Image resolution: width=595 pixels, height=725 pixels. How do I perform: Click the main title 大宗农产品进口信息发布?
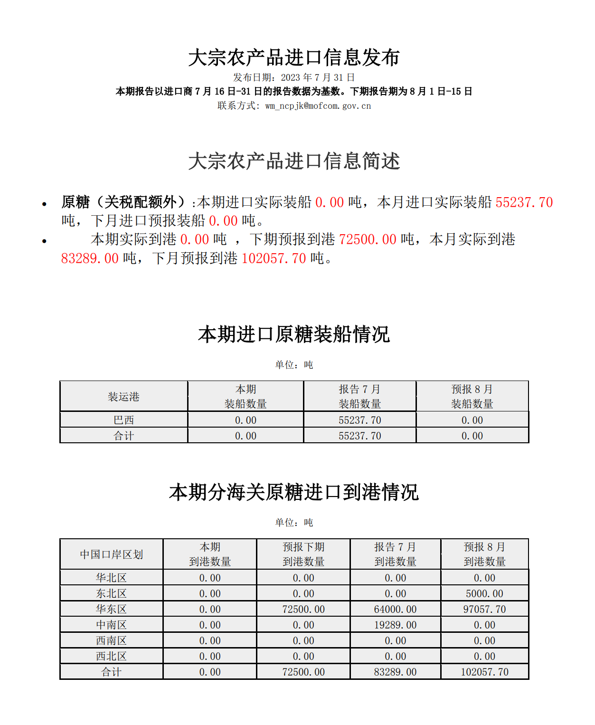pyautogui.click(x=294, y=57)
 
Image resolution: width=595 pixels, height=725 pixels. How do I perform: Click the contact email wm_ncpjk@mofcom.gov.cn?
pyautogui.click(x=318, y=106)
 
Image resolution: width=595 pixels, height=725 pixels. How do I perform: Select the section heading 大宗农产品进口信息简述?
pyautogui.click(x=294, y=161)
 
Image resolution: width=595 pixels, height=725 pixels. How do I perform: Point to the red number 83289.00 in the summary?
pyautogui.click(x=90, y=258)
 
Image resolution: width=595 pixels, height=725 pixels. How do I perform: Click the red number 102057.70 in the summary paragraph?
pyautogui.click(x=274, y=258)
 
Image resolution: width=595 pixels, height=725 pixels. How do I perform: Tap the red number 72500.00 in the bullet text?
pyautogui.click(x=368, y=239)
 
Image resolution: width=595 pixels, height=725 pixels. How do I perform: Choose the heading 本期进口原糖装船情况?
pyautogui.click(x=294, y=334)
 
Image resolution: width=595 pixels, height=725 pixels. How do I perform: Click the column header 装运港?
pyautogui.click(x=123, y=397)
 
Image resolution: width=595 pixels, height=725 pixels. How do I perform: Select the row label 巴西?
pyautogui.click(x=123, y=420)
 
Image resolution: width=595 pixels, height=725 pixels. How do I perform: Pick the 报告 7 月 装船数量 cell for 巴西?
pyautogui.click(x=359, y=420)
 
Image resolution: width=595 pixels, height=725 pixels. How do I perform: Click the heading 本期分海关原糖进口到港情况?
pyautogui.click(x=294, y=492)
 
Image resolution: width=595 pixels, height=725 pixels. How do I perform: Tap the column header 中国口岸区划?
pyautogui.click(x=111, y=554)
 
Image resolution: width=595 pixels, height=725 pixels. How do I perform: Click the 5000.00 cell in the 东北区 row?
pyautogui.click(x=484, y=593)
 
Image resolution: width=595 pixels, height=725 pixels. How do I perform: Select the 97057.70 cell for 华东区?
pyautogui.click(x=484, y=609)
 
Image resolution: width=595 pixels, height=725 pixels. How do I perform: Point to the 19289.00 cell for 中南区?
pyautogui.click(x=395, y=625)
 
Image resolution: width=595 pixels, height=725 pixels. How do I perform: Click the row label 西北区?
pyautogui.click(x=111, y=656)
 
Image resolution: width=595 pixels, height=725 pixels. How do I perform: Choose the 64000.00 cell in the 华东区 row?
pyautogui.click(x=395, y=609)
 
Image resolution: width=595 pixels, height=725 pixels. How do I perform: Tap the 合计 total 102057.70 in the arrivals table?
pyautogui.click(x=484, y=672)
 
